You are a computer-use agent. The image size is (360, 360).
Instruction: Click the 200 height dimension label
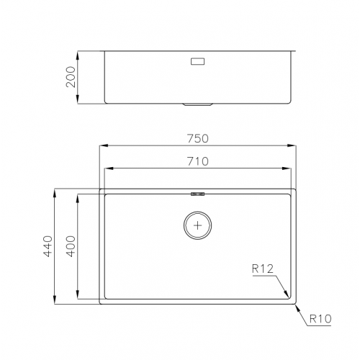click(x=71, y=78)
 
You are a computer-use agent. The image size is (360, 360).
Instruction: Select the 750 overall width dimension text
click(x=197, y=137)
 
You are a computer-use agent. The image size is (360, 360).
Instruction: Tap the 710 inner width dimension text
click(x=197, y=162)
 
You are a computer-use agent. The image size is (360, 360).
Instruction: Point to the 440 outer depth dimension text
click(x=48, y=246)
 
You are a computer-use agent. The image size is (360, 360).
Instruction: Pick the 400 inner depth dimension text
click(x=71, y=246)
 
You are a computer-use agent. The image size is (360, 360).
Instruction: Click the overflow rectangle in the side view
click(x=197, y=62)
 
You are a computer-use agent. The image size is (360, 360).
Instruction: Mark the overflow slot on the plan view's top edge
click(x=197, y=193)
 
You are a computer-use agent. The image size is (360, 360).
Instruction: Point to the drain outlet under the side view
click(x=197, y=105)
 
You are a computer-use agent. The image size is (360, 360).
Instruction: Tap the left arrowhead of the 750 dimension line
click(x=101, y=145)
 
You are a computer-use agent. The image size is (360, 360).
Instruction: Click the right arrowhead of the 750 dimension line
click(x=293, y=145)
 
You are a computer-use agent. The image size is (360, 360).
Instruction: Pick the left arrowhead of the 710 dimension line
click(x=107, y=170)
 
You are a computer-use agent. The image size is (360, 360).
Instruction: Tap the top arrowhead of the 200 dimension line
click(x=78, y=53)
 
